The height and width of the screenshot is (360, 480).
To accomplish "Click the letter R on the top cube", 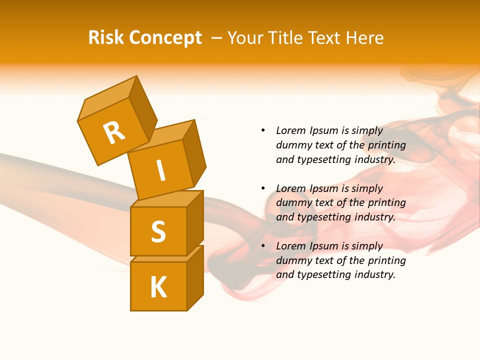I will coord(114,132).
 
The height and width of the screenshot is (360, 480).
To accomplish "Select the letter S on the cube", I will coord(158,231).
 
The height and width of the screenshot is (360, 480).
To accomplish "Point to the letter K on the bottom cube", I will coord(158,287).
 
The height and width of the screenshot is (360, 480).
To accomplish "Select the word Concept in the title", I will coord(164,38).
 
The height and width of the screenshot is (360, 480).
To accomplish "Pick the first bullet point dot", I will coord(263,130).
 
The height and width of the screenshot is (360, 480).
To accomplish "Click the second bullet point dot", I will coord(263,188).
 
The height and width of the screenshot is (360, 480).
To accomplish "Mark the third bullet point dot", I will coord(263,246).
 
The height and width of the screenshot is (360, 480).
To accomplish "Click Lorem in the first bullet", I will coord(290,130).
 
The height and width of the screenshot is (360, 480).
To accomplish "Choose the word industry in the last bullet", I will coord(374,274).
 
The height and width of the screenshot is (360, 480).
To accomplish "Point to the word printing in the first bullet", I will coord(386,145).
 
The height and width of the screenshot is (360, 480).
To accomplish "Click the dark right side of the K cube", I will coord(195,279).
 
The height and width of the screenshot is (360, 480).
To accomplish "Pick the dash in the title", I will coord(217,38).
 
